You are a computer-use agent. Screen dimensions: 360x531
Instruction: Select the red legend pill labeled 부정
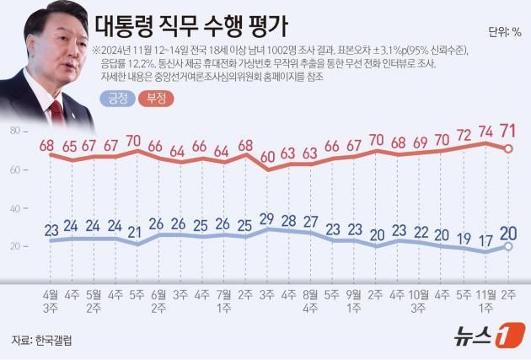click(x=155, y=99)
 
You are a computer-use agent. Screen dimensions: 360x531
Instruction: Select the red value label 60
click(x=267, y=156)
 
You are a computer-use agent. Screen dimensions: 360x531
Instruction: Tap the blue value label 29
click(x=267, y=220)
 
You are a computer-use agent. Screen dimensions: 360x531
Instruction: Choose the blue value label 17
click(x=486, y=239)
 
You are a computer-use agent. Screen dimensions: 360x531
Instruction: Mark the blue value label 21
click(x=135, y=232)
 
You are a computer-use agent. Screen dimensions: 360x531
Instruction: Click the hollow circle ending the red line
click(x=508, y=149)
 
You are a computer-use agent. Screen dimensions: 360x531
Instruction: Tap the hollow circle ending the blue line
click(x=508, y=246)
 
